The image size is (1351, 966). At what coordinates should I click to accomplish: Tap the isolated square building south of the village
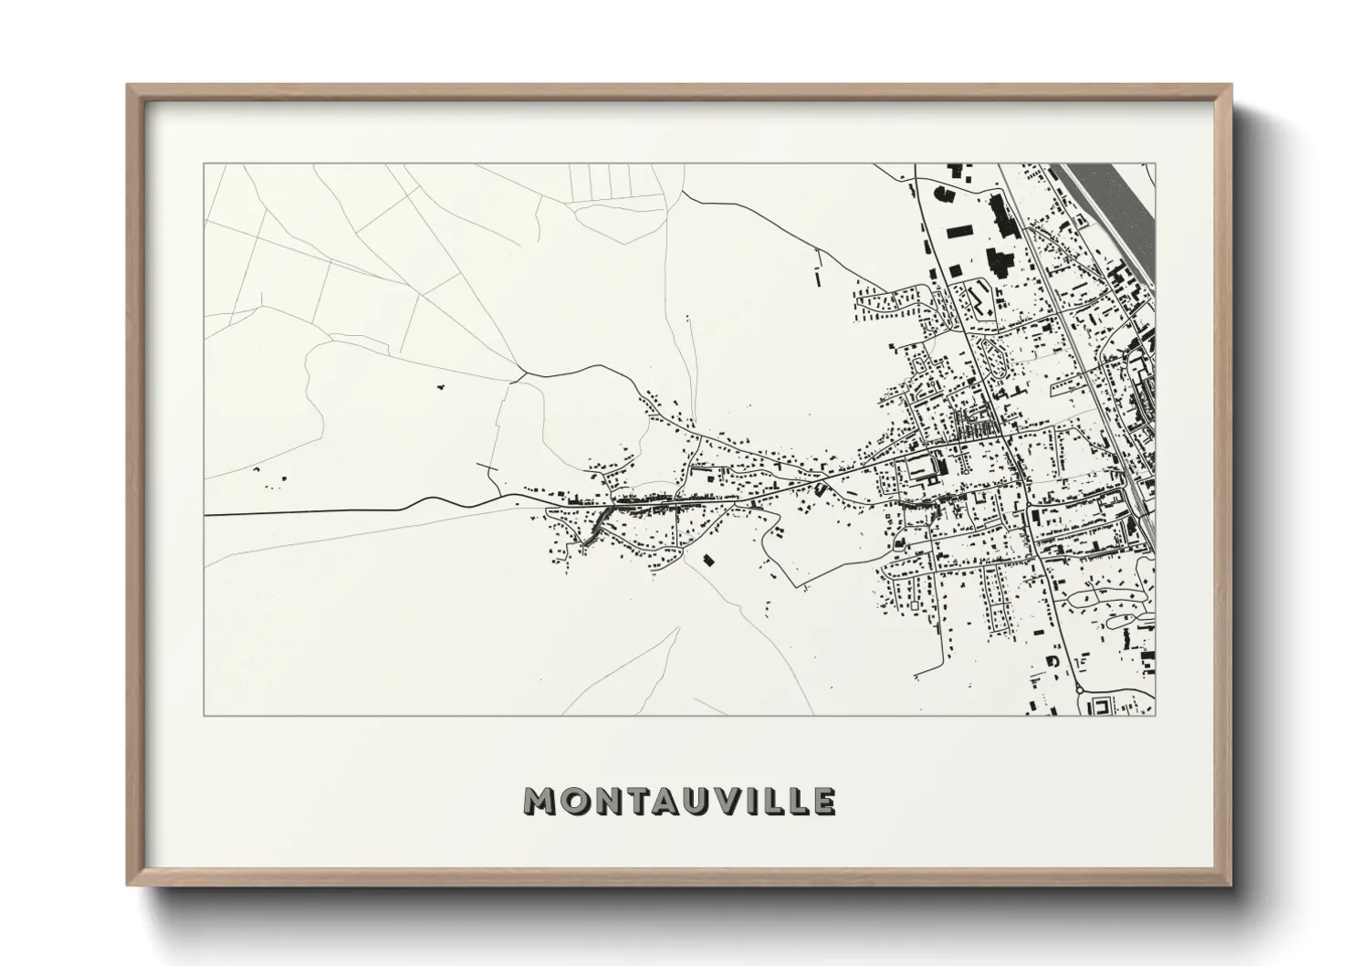pos(707,559)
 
